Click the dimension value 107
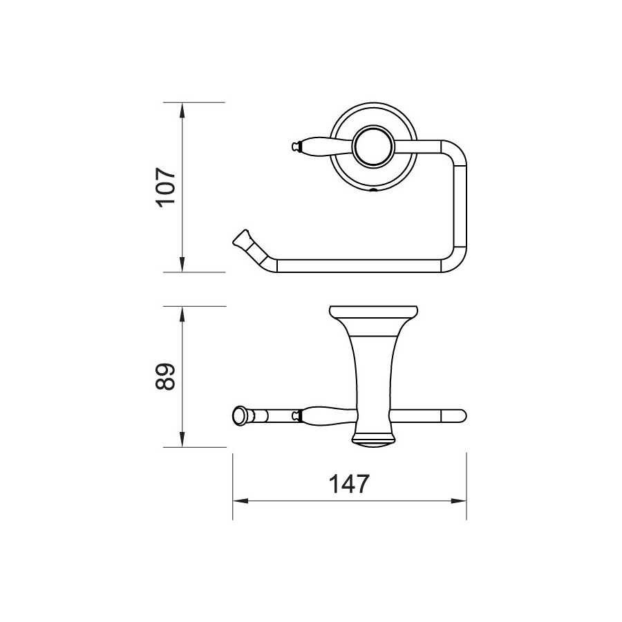[x=166, y=187]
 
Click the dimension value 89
[x=165, y=377]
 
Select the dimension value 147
[x=350, y=484]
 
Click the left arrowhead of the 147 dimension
[x=241, y=501]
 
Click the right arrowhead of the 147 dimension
[x=459, y=501]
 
